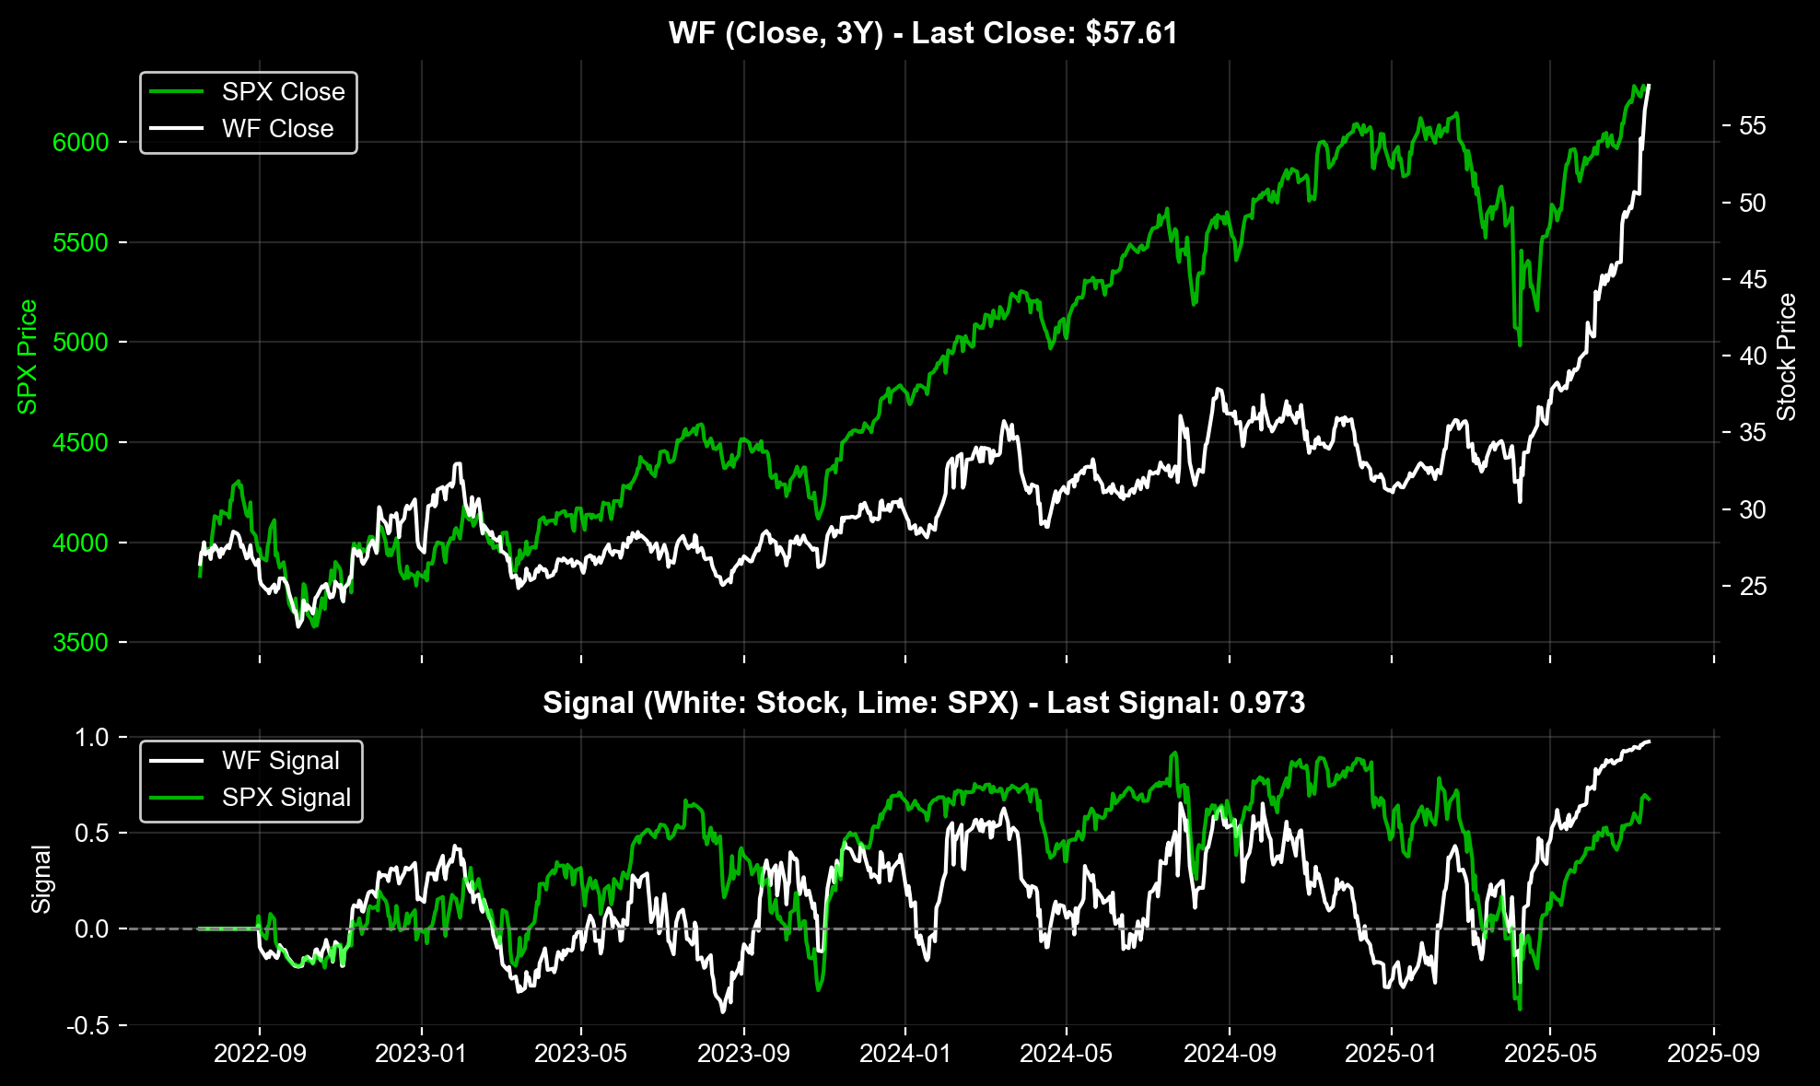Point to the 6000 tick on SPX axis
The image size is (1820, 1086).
[x=81, y=142]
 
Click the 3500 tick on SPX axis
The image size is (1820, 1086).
[x=81, y=643]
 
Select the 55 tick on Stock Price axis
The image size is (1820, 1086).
[x=1752, y=126]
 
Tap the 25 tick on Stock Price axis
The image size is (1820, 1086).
[x=1752, y=587]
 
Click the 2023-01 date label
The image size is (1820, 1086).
[x=421, y=1053]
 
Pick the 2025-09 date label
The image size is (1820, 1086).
[x=1713, y=1053]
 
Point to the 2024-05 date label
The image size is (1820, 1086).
[x=1067, y=1053]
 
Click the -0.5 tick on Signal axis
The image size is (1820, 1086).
[x=87, y=1026]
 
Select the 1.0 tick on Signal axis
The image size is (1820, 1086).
[x=91, y=738]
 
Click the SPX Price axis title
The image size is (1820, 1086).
[x=28, y=356]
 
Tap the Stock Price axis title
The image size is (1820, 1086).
[x=1787, y=356]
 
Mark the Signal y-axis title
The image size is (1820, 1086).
[x=41, y=879]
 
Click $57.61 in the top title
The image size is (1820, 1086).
[x=1131, y=33]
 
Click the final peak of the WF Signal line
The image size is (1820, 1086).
[x=1648, y=742]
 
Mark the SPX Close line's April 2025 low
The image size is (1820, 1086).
[x=1519, y=345]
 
